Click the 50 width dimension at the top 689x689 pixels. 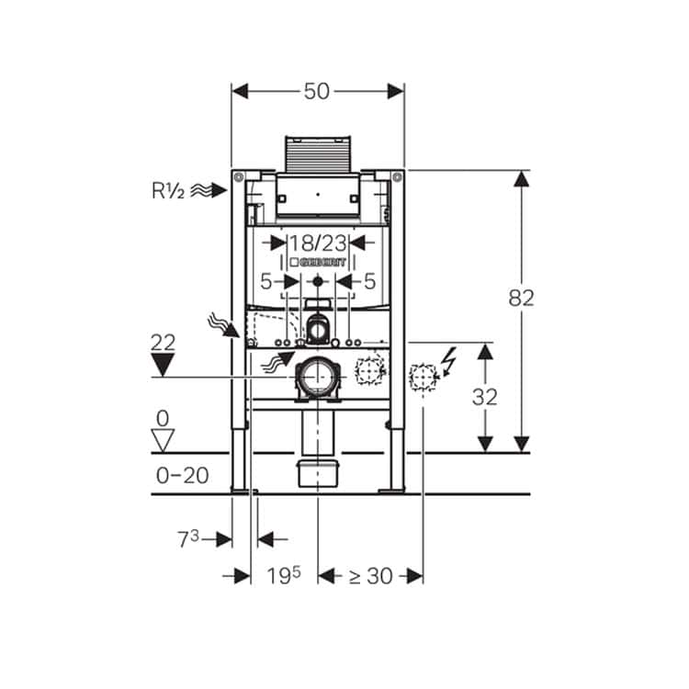tap(316, 91)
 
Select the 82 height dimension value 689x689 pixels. tap(521, 298)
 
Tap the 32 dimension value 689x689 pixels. tap(485, 397)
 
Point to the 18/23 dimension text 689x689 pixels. tap(318, 243)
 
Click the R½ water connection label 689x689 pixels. tap(168, 191)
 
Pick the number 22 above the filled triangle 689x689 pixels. tap(163, 343)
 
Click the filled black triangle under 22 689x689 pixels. tap(163, 365)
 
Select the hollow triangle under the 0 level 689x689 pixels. tap(163, 440)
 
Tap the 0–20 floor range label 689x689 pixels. tap(183, 476)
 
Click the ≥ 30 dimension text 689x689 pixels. tap(370, 576)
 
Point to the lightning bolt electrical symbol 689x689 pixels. tap(449, 362)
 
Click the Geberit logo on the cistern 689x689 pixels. tap(318, 263)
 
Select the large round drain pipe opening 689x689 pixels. tap(317, 378)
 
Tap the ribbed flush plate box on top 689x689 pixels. tap(318, 153)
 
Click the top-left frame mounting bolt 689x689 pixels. tap(238, 177)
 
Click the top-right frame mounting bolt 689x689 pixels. tap(397, 177)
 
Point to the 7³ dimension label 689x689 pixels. tap(188, 538)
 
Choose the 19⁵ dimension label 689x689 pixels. tap(284, 575)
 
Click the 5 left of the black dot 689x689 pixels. tap(266, 282)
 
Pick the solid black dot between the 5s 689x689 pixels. tap(318, 281)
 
